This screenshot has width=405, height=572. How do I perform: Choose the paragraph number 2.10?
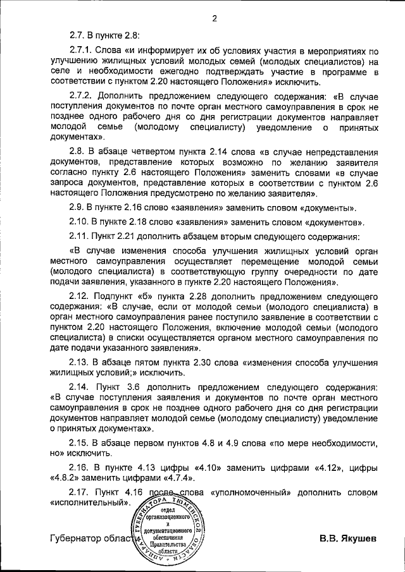pyautogui.click(x=81, y=222)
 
